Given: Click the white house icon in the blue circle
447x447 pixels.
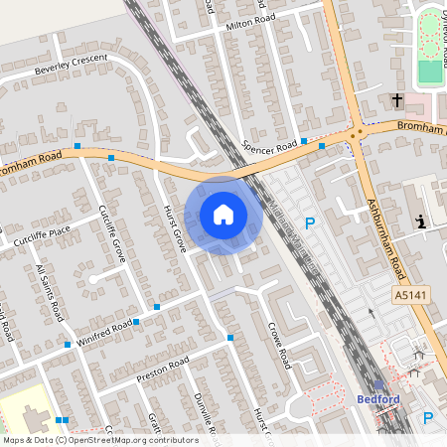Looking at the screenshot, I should pyautogui.click(x=223, y=215).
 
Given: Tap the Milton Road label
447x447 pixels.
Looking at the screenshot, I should pyautogui.click(x=249, y=24).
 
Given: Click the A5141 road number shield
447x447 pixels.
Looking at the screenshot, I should pyautogui.click(x=409, y=296).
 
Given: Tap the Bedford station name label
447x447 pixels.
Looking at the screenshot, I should pyautogui.click(x=376, y=399).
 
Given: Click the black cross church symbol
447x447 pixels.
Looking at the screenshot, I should pyautogui.click(x=396, y=100).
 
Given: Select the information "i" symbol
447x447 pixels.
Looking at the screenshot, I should pyautogui.click(x=421, y=222).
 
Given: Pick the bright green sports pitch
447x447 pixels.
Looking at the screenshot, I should pyautogui.click(x=430, y=72).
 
